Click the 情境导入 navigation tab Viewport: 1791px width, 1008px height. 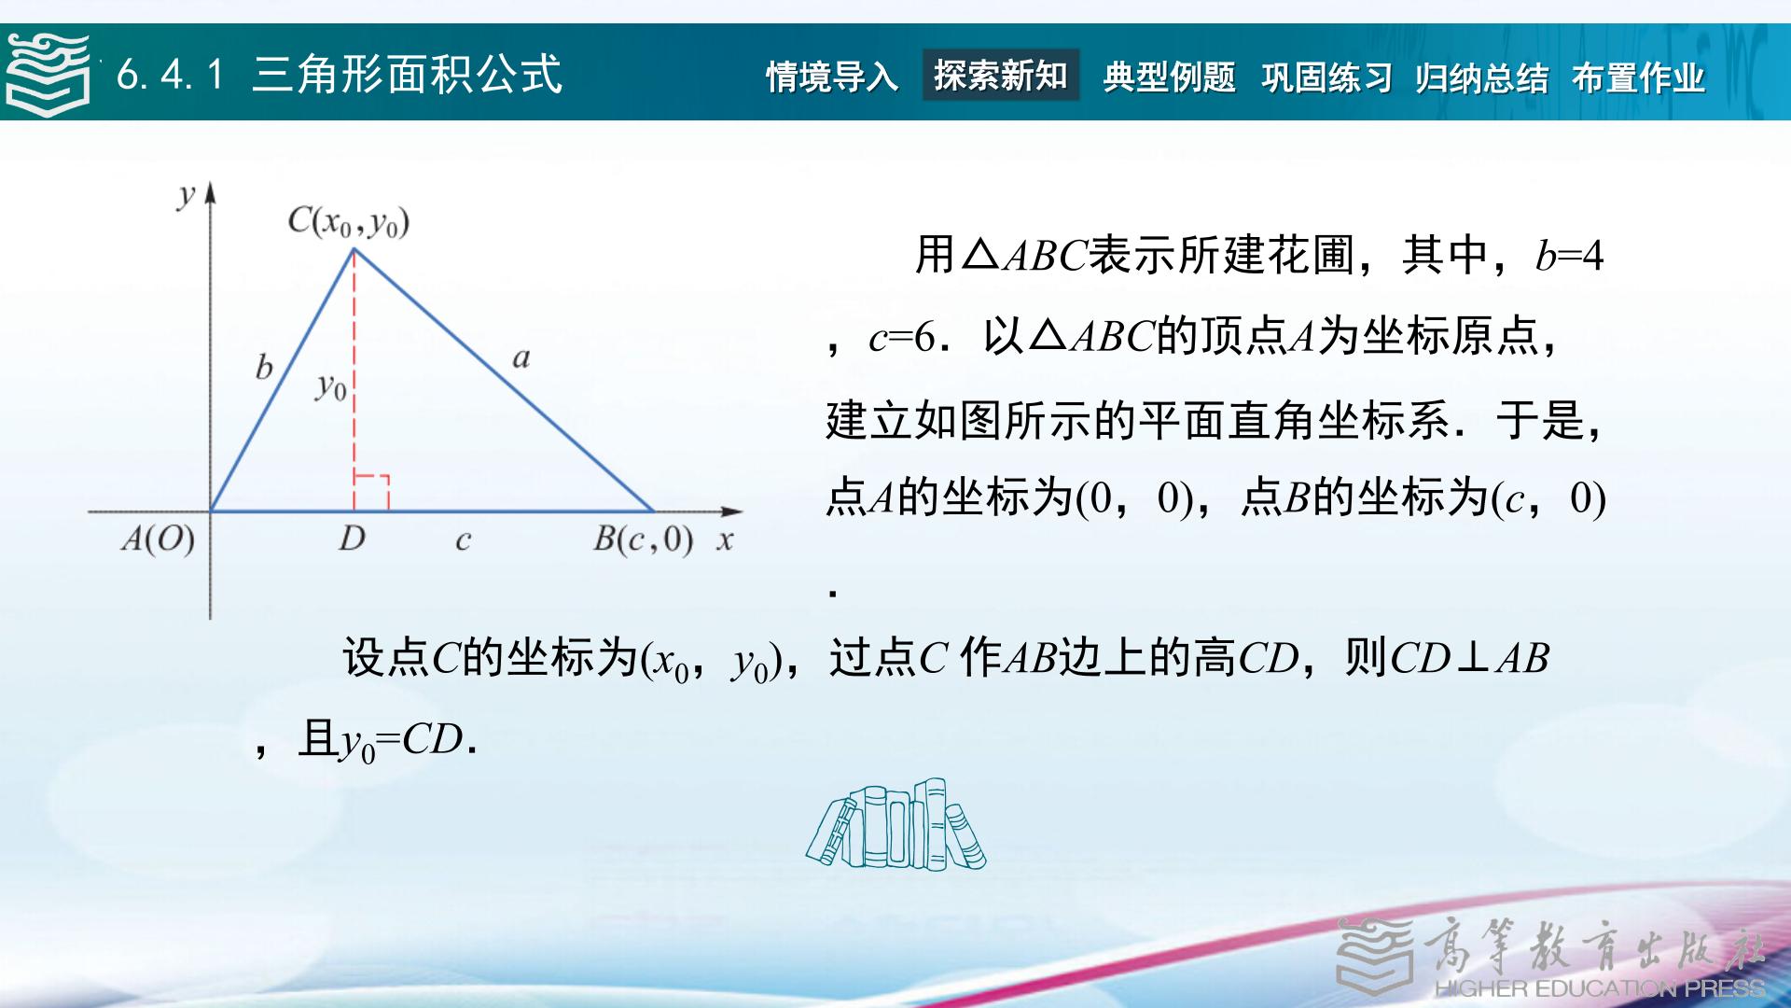[x=832, y=77]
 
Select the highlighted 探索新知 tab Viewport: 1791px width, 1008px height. [x=1001, y=75]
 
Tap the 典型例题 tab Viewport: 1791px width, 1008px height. [x=1170, y=77]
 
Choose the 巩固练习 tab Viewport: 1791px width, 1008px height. [x=1326, y=77]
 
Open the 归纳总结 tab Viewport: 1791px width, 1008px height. [x=1481, y=77]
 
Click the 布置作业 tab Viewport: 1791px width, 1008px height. [x=1638, y=77]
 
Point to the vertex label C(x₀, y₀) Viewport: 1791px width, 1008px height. [x=348, y=222]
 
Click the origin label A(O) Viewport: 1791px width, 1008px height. [x=158, y=539]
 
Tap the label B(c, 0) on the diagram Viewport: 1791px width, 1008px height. [x=643, y=539]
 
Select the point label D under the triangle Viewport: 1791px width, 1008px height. [x=352, y=538]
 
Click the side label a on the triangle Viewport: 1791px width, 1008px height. [x=521, y=357]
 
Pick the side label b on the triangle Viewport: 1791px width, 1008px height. [x=264, y=367]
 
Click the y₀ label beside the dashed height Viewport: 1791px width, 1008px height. [x=331, y=386]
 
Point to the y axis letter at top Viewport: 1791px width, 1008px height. [x=187, y=195]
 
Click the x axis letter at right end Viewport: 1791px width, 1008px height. [x=725, y=540]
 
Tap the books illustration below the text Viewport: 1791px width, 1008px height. [x=895, y=824]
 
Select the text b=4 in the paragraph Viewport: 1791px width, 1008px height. [x=1569, y=256]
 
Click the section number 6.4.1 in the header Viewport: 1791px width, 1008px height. [x=171, y=75]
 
